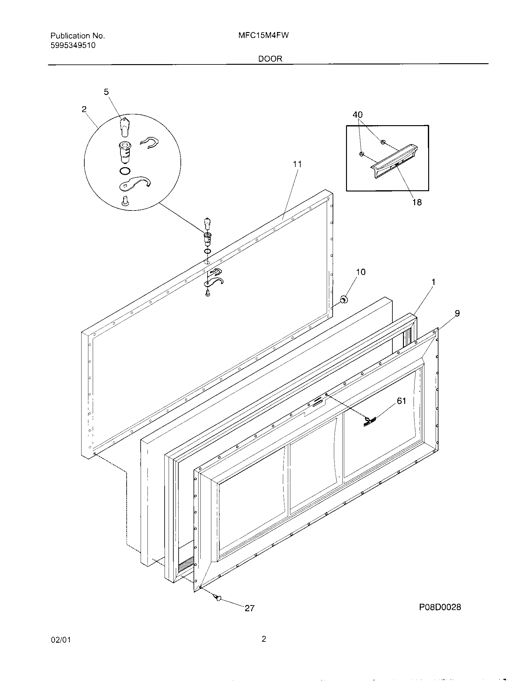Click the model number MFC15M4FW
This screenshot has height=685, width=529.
click(x=263, y=35)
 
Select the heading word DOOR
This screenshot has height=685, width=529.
click(x=270, y=59)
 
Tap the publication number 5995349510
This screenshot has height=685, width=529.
click(x=73, y=45)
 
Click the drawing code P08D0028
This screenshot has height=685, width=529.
click(x=440, y=616)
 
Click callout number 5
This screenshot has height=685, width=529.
click(x=106, y=92)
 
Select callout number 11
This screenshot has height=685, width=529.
click(x=297, y=164)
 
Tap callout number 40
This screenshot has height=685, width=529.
click(x=358, y=115)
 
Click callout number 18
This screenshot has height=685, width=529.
click(x=417, y=202)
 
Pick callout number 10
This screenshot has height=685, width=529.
click(x=361, y=272)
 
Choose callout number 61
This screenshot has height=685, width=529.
click(x=401, y=401)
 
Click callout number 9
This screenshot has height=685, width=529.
click(x=457, y=313)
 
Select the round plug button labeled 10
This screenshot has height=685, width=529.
click(x=344, y=300)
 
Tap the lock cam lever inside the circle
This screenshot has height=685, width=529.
click(x=135, y=184)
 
